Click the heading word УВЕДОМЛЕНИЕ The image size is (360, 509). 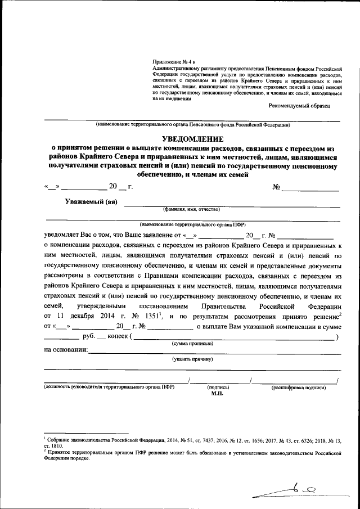click(193, 139)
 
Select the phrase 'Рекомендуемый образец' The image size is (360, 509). click(299, 105)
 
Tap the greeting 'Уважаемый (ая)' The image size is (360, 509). click(91, 202)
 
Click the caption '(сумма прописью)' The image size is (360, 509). click(192, 343)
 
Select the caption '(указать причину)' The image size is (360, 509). click(192, 359)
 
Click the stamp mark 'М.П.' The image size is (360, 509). click(218, 394)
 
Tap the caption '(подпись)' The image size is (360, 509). click(218, 388)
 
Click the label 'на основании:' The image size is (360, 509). click(65, 350)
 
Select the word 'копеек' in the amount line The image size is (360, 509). click(118, 337)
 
